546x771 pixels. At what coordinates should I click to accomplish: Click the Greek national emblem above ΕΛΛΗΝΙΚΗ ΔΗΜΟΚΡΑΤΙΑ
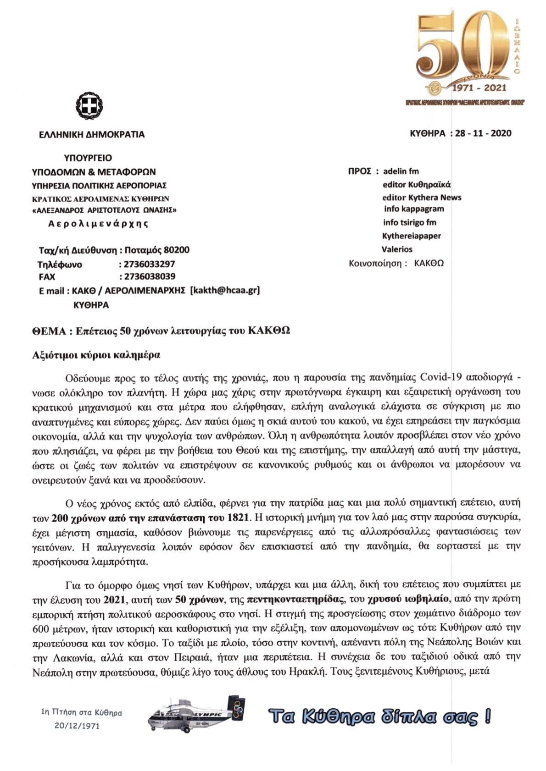89,106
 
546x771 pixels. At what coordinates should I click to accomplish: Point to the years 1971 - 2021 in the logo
479,87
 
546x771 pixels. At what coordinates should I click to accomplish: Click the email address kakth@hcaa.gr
225,290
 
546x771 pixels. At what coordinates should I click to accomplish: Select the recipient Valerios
397,249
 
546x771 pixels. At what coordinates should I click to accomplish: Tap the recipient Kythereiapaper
411,236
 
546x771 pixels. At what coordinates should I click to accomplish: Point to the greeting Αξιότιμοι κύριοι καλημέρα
96,355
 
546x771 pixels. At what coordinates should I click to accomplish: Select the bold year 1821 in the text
238,518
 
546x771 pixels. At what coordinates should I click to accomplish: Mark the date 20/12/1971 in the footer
77,726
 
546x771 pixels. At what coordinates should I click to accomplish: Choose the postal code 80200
176,250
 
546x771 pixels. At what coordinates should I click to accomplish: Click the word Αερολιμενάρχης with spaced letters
98,224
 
